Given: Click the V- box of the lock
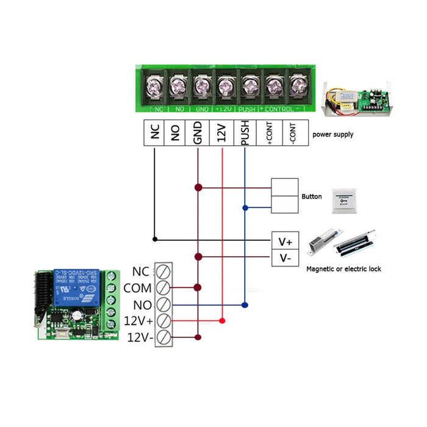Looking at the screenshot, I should pyautogui.click(x=285, y=258).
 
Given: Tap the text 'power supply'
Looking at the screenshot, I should pyautogui.click(x=332, y=135).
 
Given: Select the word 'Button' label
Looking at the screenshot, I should pyautogui.click(x=312, y=197).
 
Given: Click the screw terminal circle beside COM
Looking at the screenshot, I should pyautogui.click(x=163, y=287).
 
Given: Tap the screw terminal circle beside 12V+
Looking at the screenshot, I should pyautogui.click(x=163, y=320).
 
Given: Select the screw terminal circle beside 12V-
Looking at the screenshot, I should pyautogui.click(x=163, y=337).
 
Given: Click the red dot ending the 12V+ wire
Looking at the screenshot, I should pyautogui.click(x=222, y=320).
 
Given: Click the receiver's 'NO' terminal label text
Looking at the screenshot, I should pyautogui.click(x=141, y=304).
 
